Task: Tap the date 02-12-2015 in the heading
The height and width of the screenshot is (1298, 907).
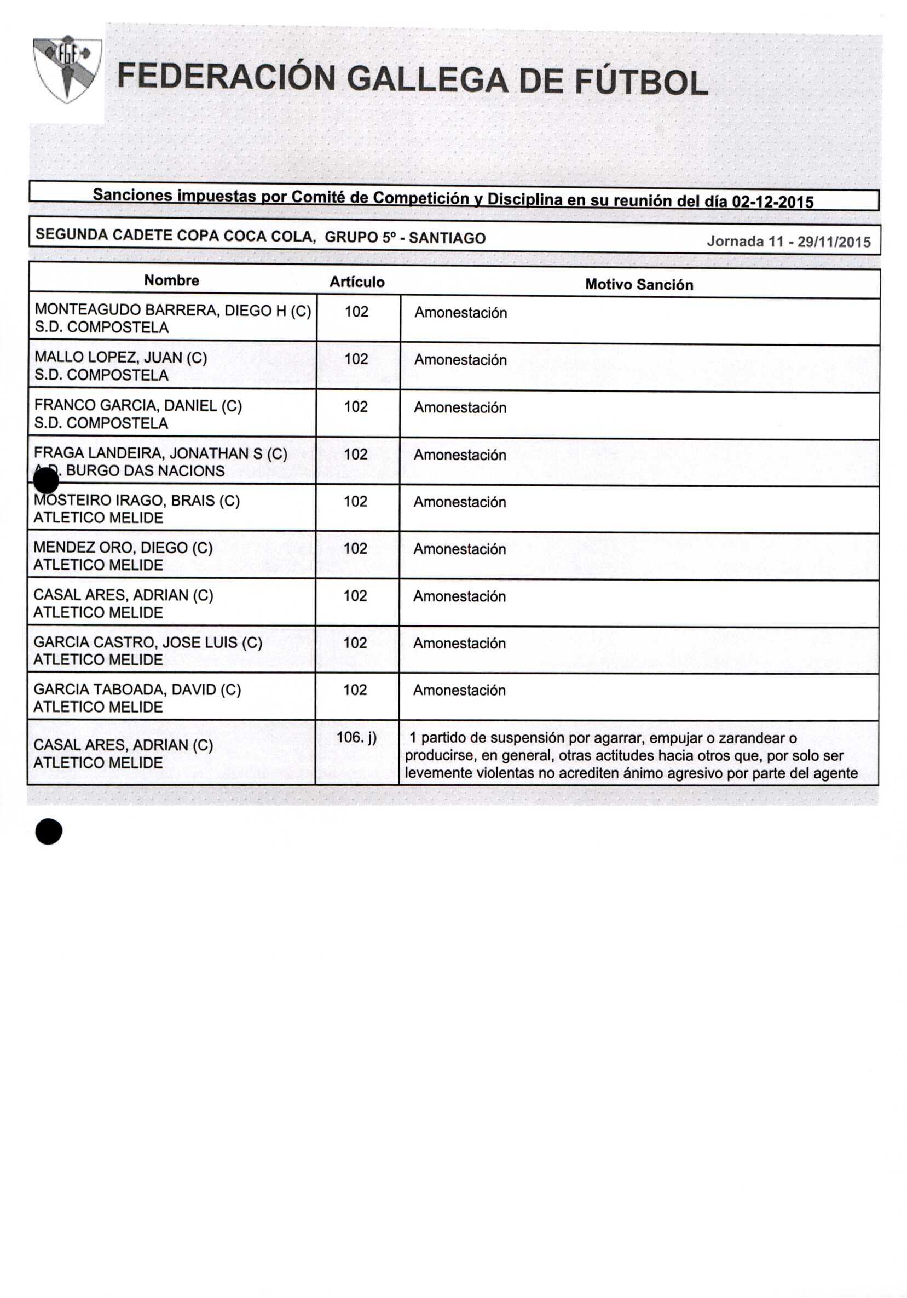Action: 772,202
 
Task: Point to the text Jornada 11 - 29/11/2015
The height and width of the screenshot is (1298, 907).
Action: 788,242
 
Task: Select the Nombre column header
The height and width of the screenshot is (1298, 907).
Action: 171,280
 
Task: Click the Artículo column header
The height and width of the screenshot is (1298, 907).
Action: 357,282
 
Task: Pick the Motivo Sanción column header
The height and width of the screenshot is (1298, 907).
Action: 639,284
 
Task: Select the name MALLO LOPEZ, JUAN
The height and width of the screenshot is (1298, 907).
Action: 120,358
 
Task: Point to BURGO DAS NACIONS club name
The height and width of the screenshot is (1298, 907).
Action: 145,471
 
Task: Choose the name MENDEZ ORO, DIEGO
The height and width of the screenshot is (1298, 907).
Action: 123,548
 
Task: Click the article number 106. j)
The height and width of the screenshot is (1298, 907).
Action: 356,737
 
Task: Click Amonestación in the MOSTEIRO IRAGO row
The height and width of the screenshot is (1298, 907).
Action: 459,502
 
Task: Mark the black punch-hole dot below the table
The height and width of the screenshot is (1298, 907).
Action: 49,831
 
